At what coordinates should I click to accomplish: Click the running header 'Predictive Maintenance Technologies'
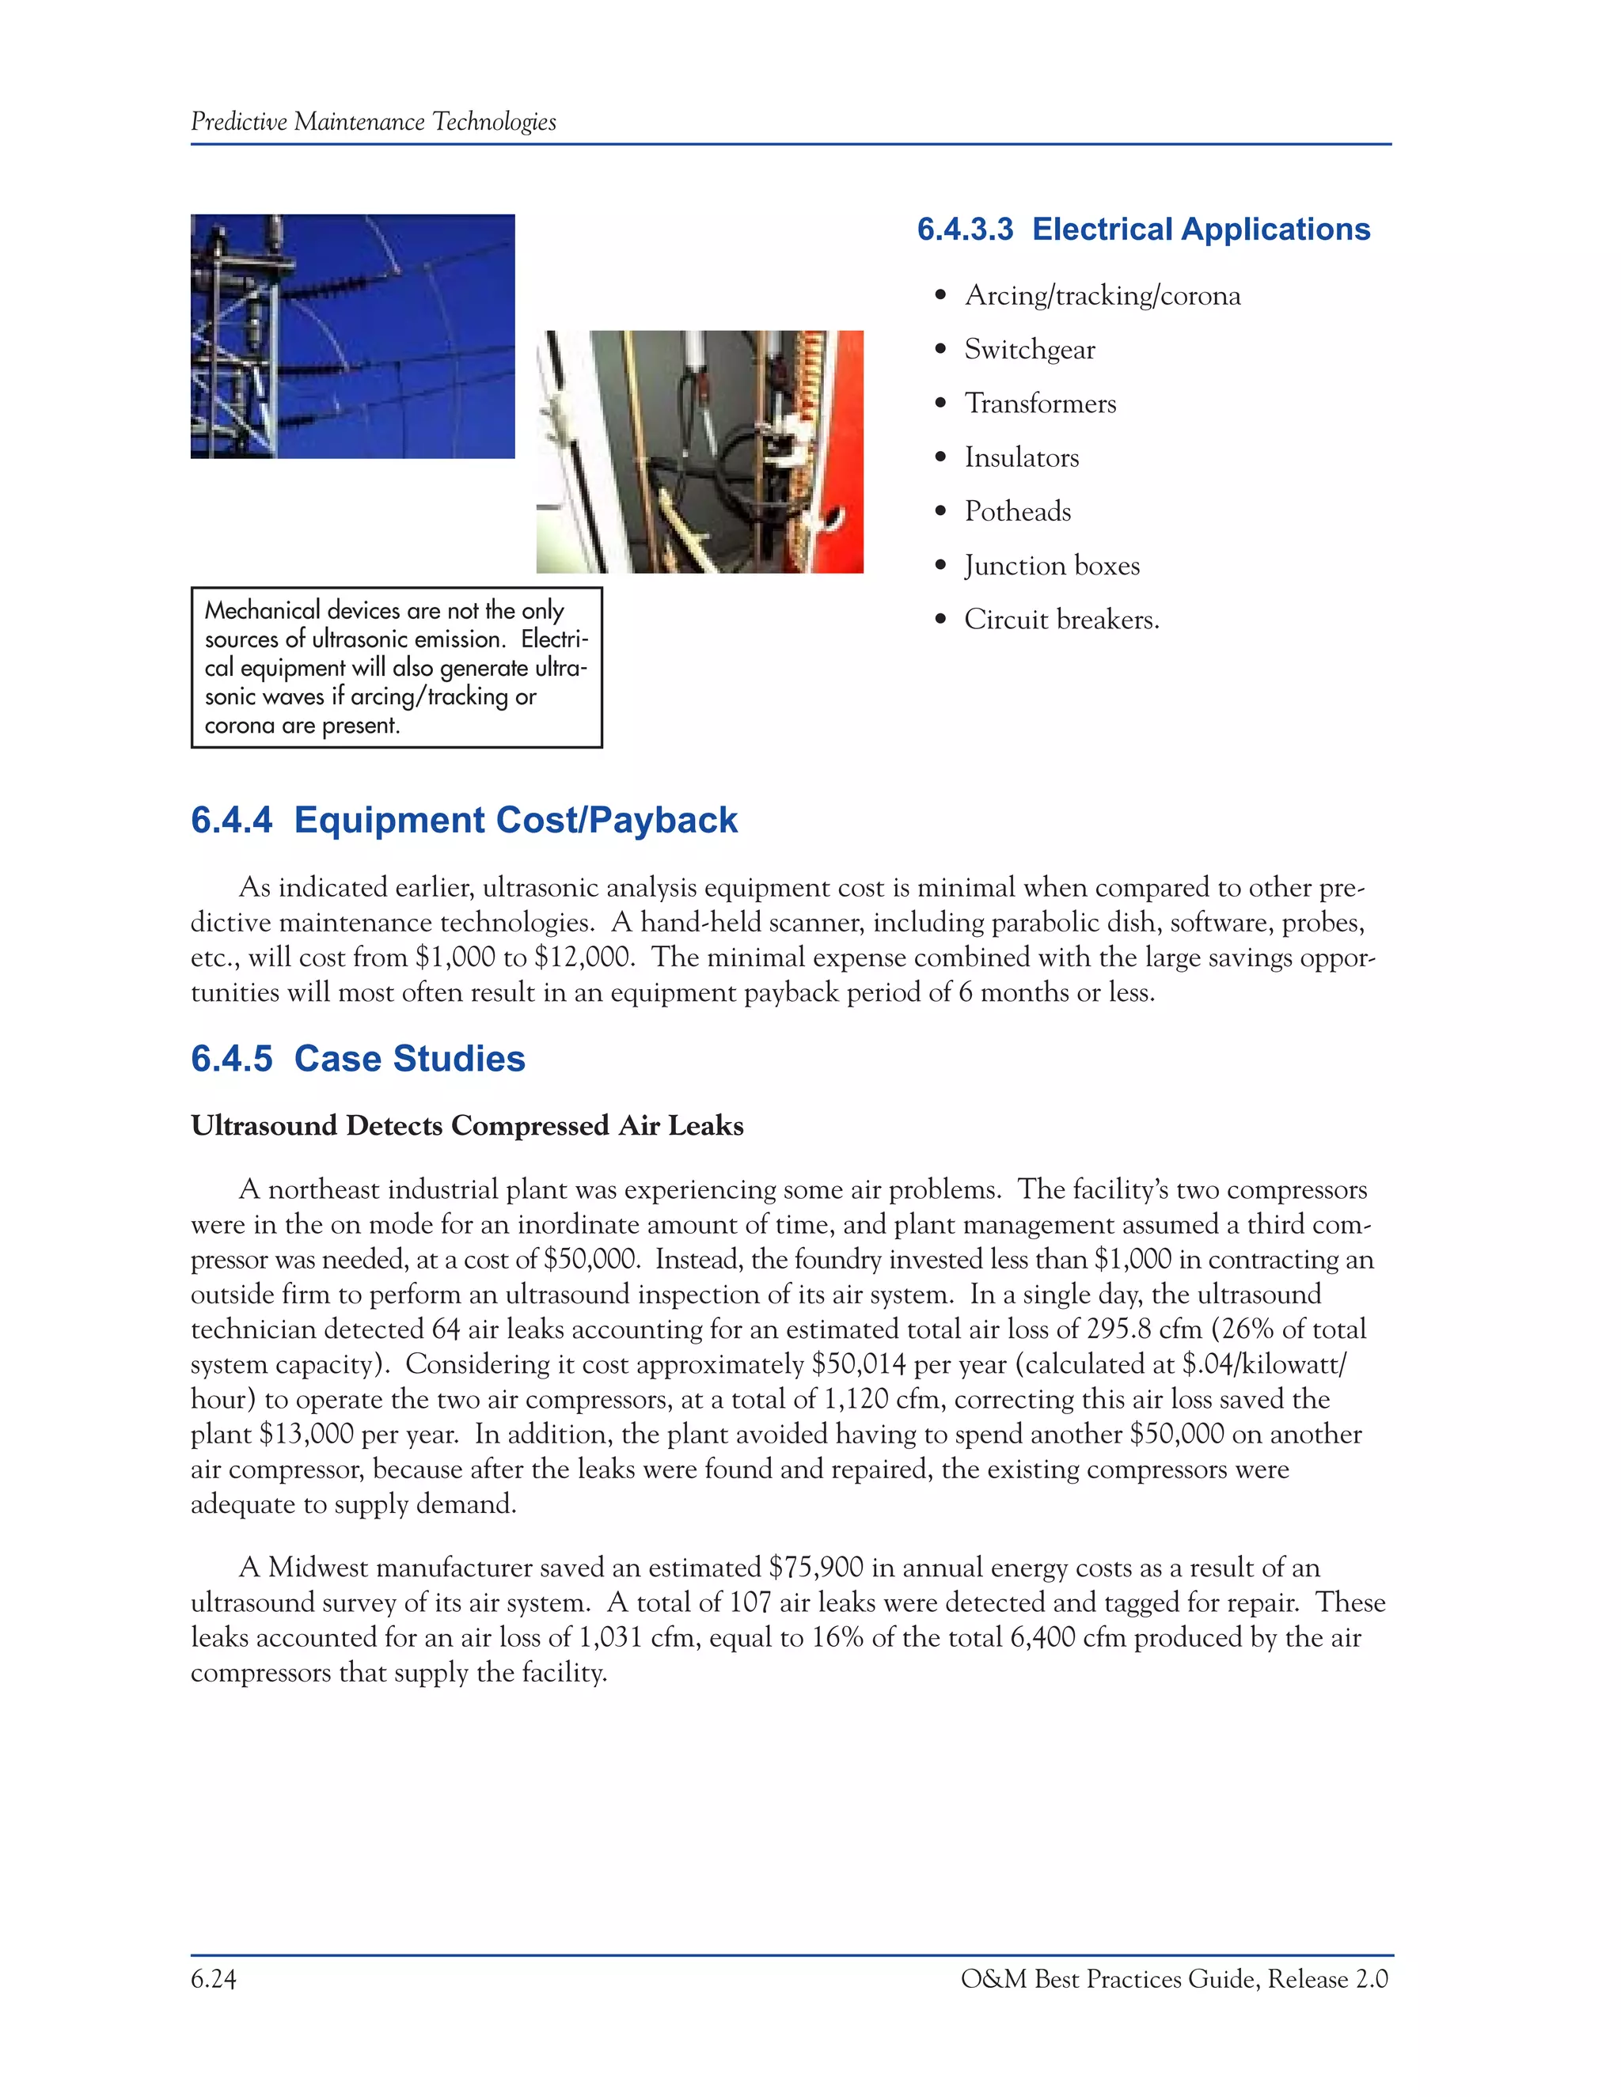pos(373,122)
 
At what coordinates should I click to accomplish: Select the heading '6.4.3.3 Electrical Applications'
pos(1143,229)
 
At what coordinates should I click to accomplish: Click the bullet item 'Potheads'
pos(1017,512)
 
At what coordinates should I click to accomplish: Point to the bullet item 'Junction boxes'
pos(1052,566)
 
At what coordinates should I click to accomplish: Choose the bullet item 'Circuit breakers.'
pos(1061,620)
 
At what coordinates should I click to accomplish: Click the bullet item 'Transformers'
pos(1040,404)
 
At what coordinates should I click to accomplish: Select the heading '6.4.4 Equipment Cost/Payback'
pos(464,820)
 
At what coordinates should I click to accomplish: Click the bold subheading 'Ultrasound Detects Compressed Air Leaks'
pos(467,1125)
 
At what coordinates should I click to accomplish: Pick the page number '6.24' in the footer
pos(213,1980)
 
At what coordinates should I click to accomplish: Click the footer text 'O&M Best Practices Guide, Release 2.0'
pos(1174,1980)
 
